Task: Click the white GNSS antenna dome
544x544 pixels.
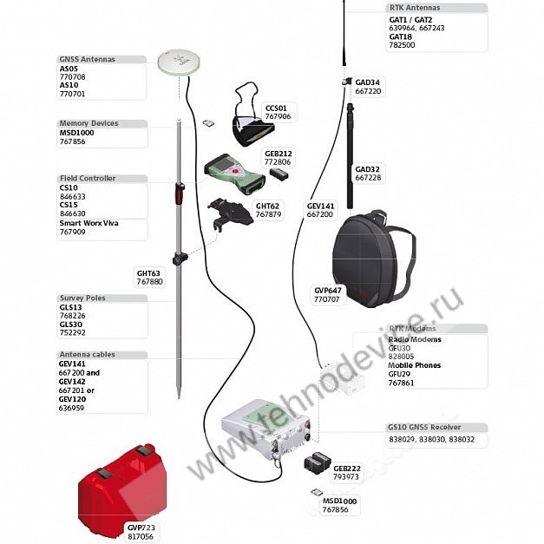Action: pos(179,62)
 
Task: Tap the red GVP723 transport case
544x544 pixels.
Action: pos(122,483)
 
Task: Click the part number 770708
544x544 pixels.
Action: pos(73,77)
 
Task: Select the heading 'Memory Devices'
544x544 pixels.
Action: pos(88,123)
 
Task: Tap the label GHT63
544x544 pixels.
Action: pos(149,273)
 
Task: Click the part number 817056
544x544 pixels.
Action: pos(141,536)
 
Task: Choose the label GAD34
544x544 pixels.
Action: pos(367,82)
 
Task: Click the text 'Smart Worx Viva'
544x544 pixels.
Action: pos(88,224)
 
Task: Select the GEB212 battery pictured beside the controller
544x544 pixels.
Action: pos(279,174)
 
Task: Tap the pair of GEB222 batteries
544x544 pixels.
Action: pos(317,462)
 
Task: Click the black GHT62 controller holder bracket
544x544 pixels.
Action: pos(230,213)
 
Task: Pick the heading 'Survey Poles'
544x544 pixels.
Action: pos(82,298)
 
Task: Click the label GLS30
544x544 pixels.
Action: pos(71,324)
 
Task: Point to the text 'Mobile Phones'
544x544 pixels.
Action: pos(414,365)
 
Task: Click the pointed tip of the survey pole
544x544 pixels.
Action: pos(179,398)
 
